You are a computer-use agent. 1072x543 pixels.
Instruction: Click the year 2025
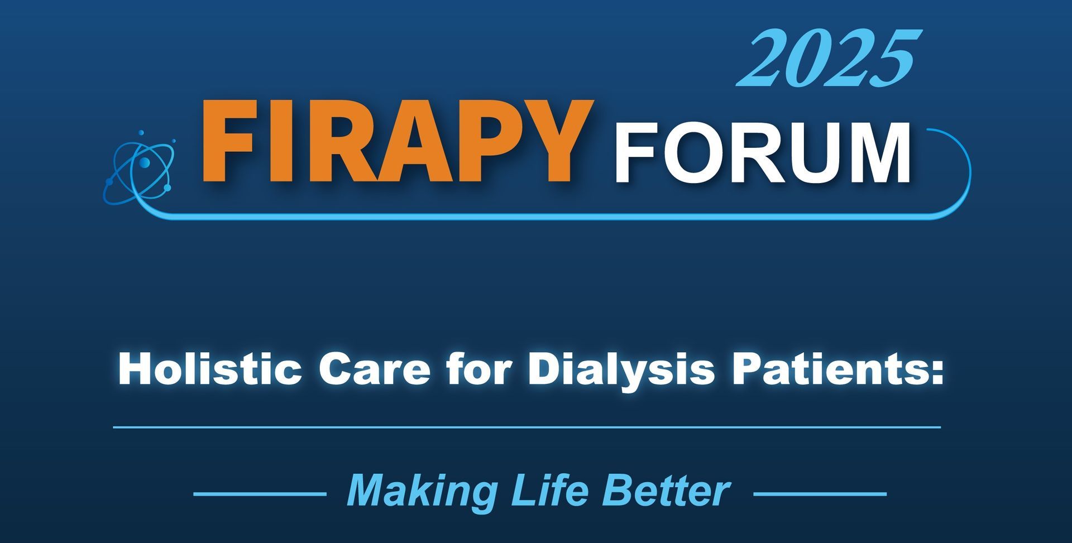[829, 59]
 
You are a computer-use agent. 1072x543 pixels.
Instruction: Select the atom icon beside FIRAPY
[140, 167]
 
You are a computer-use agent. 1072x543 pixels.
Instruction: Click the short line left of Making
[260, 494]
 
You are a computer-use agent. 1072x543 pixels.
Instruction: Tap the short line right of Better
[820, 494]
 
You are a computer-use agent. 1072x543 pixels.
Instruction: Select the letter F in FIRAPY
[229, 142]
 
